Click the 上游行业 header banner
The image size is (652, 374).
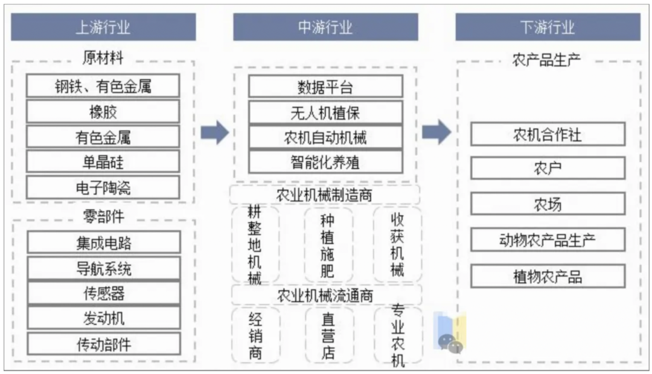pos(103,27)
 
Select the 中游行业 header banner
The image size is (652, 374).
pos(325,27)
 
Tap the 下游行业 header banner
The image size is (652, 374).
pos(548,27)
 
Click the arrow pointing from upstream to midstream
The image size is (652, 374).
pos(215,133)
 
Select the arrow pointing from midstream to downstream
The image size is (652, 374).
pos(436,132)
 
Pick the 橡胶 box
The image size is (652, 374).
pos(103,112)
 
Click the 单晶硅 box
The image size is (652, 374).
pos(103,162)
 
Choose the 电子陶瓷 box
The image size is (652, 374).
pos(103,188)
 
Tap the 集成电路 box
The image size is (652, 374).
pos(104,243)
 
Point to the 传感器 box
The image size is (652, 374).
pos(104,294)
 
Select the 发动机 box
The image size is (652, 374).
pos(104,318)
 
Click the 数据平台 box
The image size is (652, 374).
pos(325,87)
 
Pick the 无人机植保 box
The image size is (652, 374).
pos(325,112)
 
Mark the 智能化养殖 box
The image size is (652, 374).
pos(325,163)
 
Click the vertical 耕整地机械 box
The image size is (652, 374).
pos(255,245)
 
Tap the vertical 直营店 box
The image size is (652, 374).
pos(328,335)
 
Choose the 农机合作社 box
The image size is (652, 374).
pos(548,134)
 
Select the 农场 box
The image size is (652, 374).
pos(548,204)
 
